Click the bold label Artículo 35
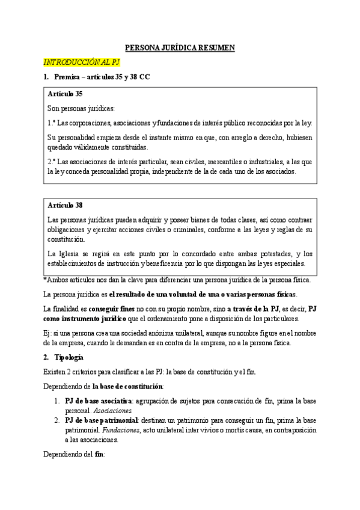point(65,94)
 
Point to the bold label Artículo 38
point(65,206)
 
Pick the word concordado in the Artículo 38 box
point(183,253)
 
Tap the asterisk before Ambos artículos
point(45,280)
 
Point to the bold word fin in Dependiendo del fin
point(99,455)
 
